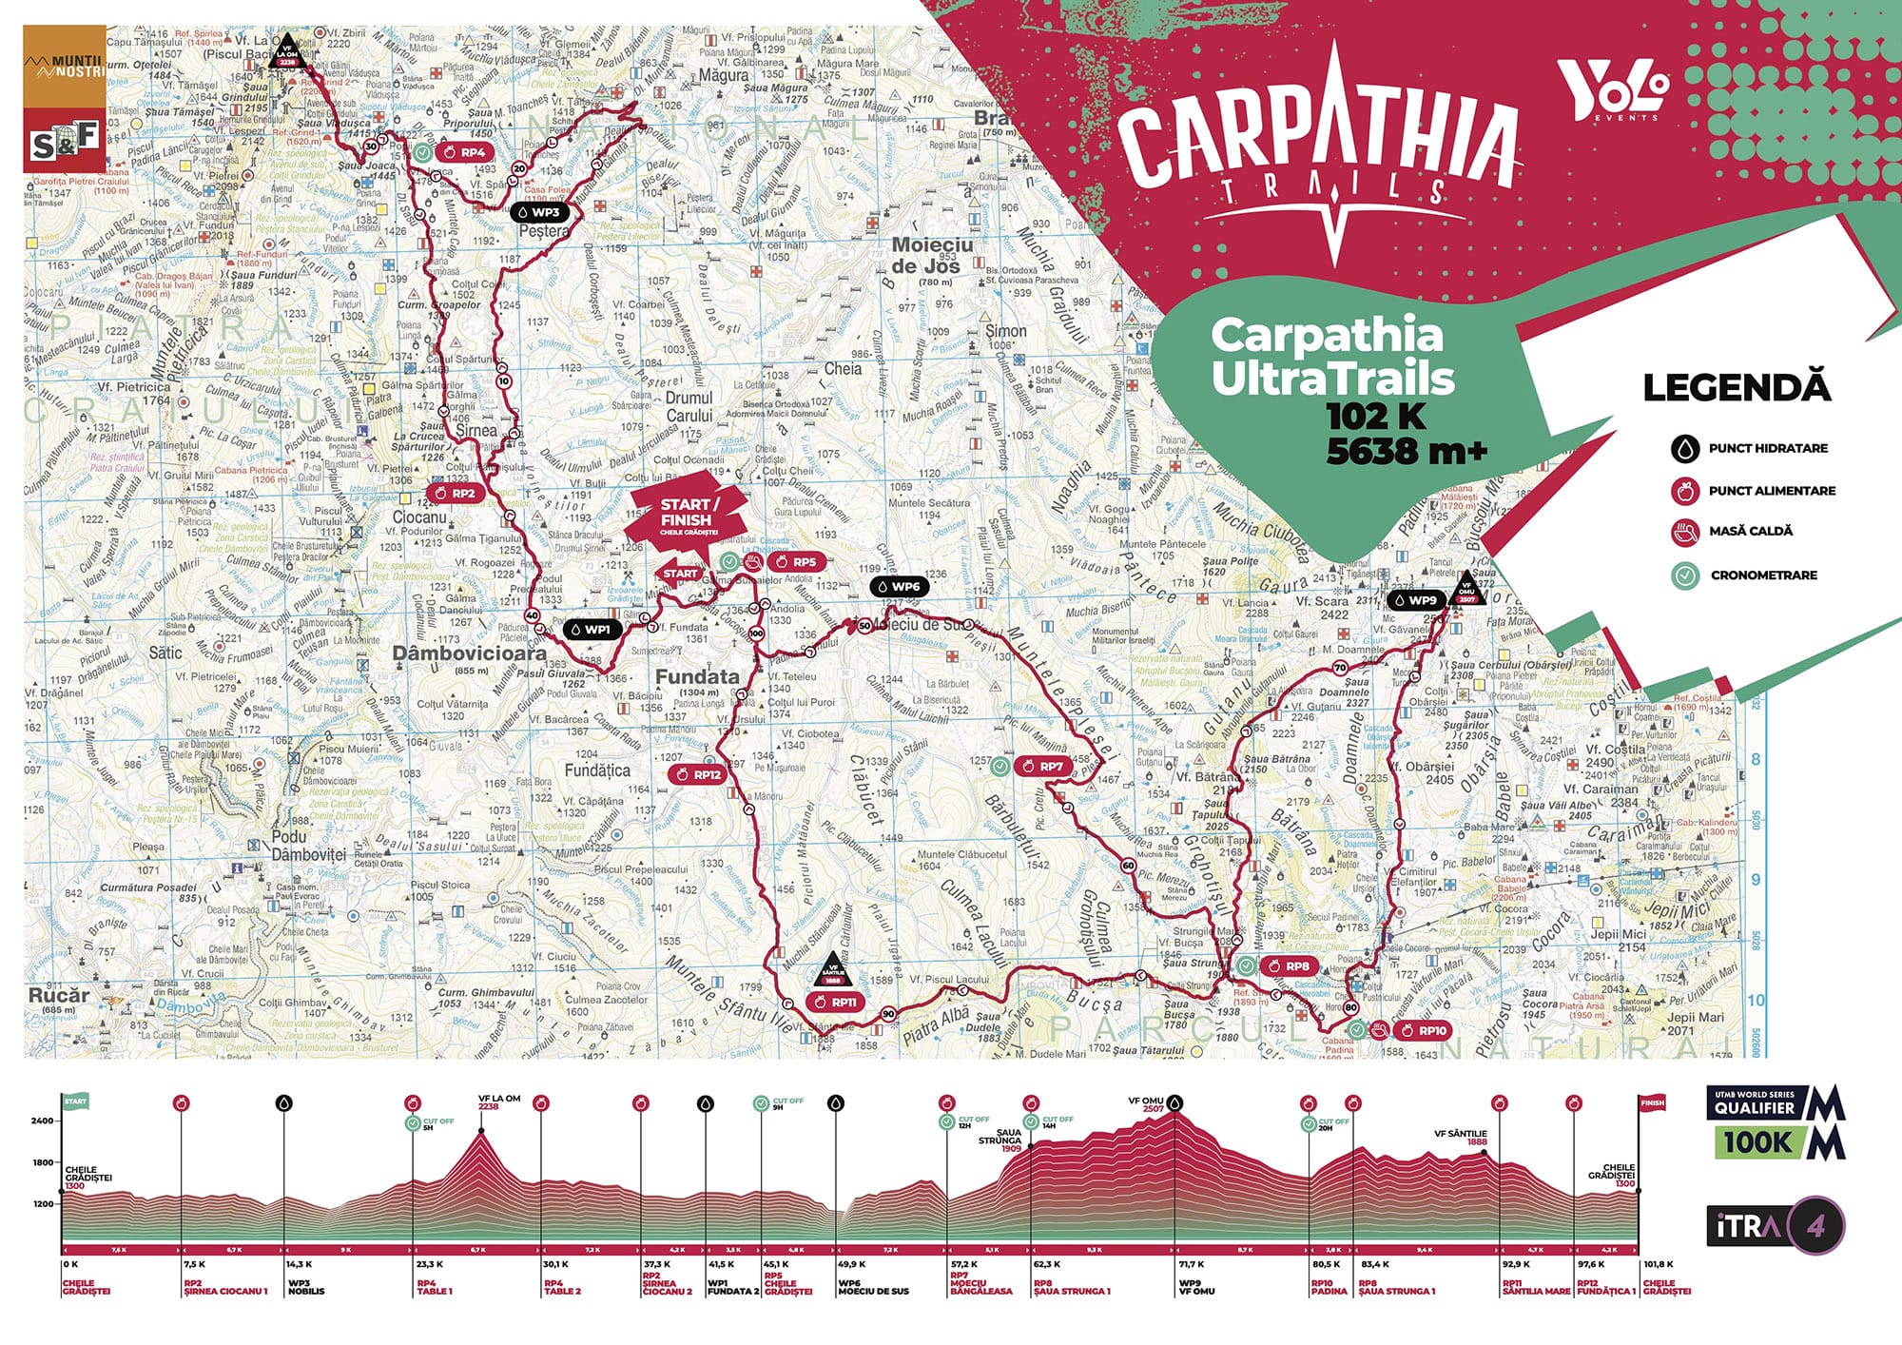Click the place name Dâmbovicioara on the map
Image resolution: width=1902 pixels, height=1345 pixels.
pyautogui.click(x=470, y=653)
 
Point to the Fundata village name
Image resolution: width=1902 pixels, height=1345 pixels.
pyautogui.click(x=697, y=676)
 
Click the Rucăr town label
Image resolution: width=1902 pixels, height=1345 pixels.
pyautogui.click(x=58, y=995)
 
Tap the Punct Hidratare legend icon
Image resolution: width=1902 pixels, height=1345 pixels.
pyautogui.click(x=1686, y=448)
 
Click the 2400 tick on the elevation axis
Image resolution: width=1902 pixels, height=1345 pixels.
pyautogui.click(x=43, y=1121)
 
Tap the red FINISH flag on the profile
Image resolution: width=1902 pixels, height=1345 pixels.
pyautogui.click(x=1653, y=1102)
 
